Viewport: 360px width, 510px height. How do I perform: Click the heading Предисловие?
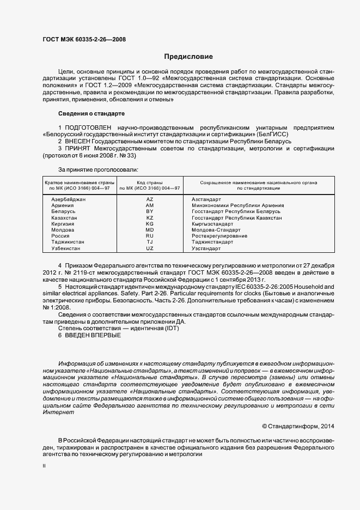188,56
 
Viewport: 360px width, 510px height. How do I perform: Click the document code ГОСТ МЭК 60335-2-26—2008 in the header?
84,40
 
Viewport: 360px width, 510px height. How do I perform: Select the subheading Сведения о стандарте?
91,113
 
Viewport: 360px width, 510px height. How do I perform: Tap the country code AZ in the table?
150,199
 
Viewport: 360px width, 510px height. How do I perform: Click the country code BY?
150,211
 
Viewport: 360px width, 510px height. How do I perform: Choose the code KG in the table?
150,224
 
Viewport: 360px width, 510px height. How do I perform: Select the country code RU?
150,236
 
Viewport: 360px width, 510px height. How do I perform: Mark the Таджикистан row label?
68,242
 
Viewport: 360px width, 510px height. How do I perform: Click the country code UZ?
150,248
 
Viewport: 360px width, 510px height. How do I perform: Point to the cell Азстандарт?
206,199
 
